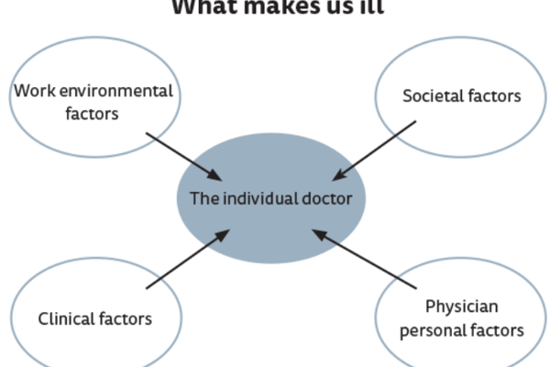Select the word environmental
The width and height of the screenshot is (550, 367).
[112, 92]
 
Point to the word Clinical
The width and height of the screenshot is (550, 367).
[65, 318]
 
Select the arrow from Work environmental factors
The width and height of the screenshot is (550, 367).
[182, 155]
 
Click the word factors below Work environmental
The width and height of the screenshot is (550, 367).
[92, 114]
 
